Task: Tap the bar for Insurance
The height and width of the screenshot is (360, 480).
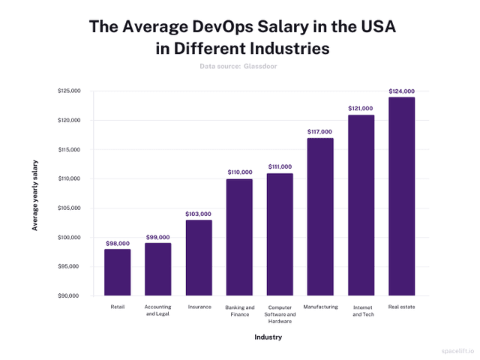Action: (199, 258)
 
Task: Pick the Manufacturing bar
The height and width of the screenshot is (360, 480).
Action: (319, 217)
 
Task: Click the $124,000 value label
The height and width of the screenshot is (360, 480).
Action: (401, 91)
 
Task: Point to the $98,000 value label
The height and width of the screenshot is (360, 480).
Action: (117, 243)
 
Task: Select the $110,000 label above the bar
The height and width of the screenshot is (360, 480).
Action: (239, 172)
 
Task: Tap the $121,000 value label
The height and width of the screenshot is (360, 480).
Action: (360, 109)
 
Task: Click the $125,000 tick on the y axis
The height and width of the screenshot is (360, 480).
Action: (69, 91)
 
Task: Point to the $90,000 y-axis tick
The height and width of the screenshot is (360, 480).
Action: (69, 296)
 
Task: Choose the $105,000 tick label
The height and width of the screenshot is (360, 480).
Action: (69, 208)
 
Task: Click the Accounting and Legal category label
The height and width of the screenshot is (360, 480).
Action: (157, 310)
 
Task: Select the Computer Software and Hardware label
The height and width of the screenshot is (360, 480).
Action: (280, 314)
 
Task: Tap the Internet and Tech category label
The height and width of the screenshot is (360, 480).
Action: (360, 310)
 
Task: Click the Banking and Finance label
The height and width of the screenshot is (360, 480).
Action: (239, 310)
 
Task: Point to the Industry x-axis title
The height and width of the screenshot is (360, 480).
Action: (268, 337)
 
